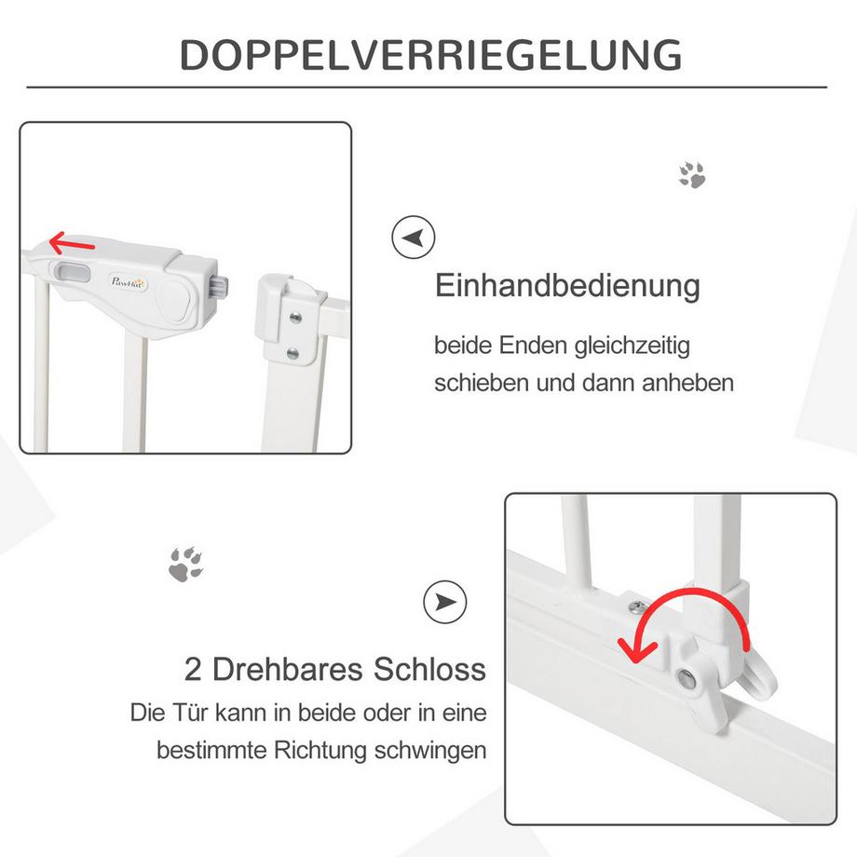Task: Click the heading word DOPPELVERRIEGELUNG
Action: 429,55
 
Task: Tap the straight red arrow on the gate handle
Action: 72,245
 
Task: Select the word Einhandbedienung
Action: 567,286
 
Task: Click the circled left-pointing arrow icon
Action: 413,238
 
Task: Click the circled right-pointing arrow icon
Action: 444,603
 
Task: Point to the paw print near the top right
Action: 691,174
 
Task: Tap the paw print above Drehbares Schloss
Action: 186,564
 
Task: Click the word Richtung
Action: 318,750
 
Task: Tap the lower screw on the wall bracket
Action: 294,353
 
